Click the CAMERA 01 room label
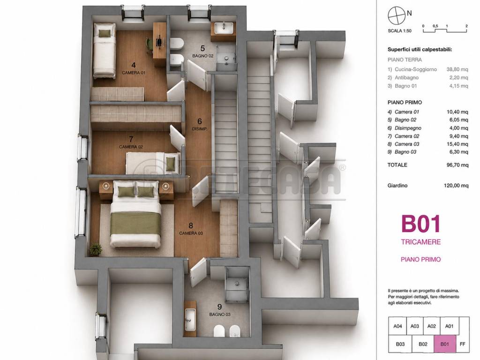pyautogui.click(x=134, y=73)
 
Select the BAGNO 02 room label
pyautogui.click(x=202, y=56)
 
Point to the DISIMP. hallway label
pyautogui.click(x=200, y=129)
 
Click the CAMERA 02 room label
pyautogui.click(x=131, y=147)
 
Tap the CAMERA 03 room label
pyautogui.click(x=191, y=233)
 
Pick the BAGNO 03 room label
pyautogui.click(x=220, y=315)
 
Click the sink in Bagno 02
pyautogui.click(x=224, y=29)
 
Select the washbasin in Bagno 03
pyautogui.click(x=190, y=316)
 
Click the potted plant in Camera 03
pyautogui.click(x=96, y=249)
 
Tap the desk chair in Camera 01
pyautogui.click(x=150, y=46)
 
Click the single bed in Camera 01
pyautogui.click(x=105, y=51)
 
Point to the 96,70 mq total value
pyautogui.click(x=457, y=165)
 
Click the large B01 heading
pyautogui.click(x=421, y=224)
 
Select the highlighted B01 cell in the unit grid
pyautogui.click(x=445, y=344)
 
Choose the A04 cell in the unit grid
pyautogui.click(x=397, y=326)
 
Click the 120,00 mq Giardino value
pyautogui.click(x=456, y=186)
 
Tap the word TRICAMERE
pyautogui.click(x=421, y=242)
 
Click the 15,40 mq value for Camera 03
pyautogui.click(x=457, y=144)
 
